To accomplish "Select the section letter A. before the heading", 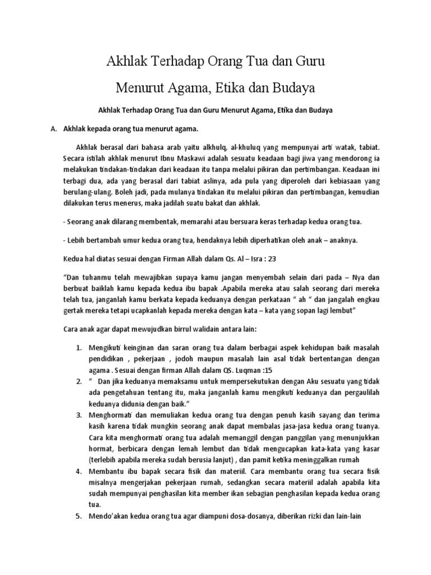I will coord(54,129).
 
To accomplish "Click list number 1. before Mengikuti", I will coord(79,347).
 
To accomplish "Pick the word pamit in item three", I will coord(274,459).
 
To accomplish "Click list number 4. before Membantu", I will coord(79,471).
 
